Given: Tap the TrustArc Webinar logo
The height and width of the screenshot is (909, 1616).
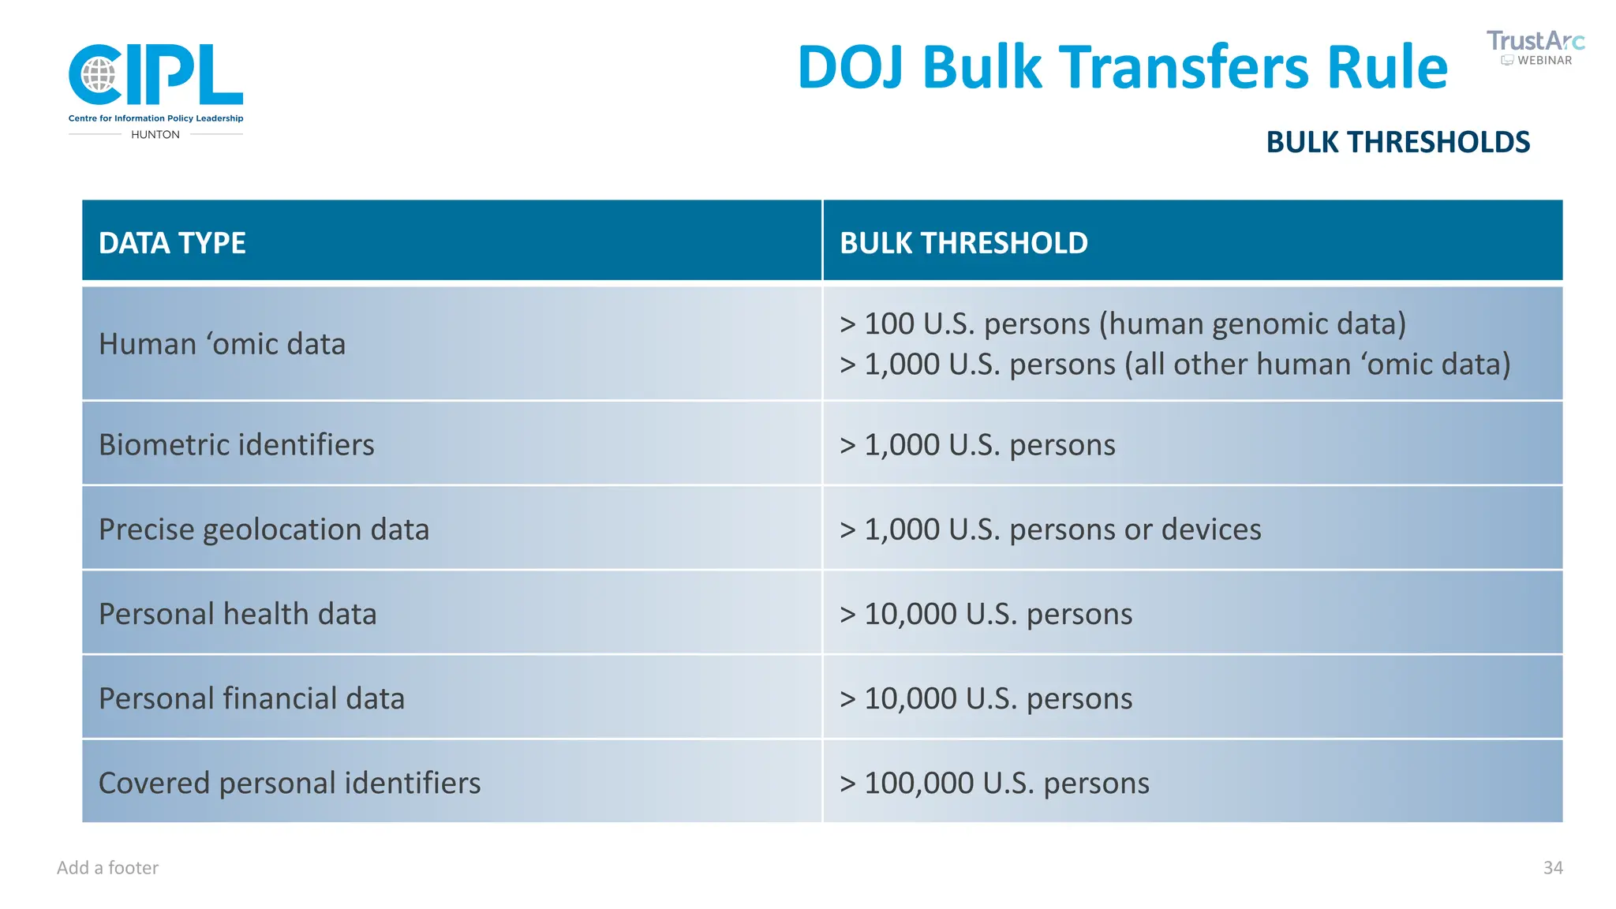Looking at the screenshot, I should [1535, 47].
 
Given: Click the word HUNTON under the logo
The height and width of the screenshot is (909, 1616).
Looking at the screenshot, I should [155, 135].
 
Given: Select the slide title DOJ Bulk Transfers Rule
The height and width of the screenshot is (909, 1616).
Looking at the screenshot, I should [1122, 68].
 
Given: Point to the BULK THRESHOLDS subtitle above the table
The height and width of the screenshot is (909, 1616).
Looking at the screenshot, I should [1397, 143].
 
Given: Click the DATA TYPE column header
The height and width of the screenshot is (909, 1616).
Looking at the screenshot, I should [172, 243].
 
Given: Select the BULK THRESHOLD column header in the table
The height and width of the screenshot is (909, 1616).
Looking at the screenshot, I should [963, 243].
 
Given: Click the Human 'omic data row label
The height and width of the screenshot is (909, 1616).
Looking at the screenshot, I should [222, 344].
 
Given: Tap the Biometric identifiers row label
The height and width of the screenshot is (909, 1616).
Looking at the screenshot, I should [236, 445].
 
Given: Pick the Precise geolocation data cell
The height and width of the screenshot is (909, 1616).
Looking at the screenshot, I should [264, 529].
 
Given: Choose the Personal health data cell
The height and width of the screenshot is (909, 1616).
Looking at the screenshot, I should [238, 614].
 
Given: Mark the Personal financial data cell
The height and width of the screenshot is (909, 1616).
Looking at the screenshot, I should [251, 698].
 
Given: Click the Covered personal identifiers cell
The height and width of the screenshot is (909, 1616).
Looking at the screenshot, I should [289, 783].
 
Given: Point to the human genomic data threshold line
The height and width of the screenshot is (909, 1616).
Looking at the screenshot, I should [1122, 324].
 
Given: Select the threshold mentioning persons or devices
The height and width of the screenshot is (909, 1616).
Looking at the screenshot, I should [1049, 529].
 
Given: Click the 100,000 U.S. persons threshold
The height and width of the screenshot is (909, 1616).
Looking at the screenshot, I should [994, 783].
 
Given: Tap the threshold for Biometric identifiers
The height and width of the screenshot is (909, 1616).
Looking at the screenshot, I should [977, 445].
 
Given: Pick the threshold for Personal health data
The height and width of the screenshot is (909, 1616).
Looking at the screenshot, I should [986, 614].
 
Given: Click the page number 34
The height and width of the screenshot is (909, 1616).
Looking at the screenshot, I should [1552, 868].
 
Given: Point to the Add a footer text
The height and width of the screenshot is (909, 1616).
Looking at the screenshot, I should [107, 868].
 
